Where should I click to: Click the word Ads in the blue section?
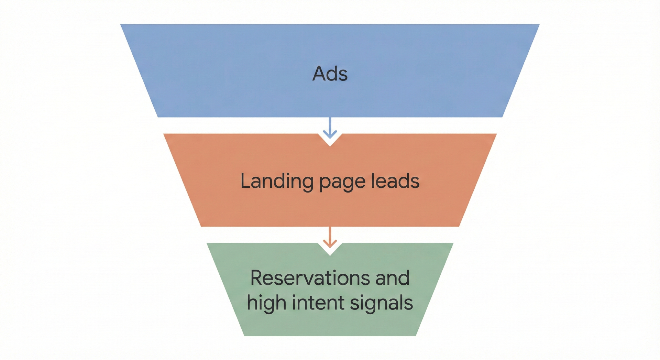click(330, 74)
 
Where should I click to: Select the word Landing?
click(277, 181)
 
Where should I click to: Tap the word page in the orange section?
click(342, 182)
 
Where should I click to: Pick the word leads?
click(395, 181)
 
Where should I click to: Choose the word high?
click(266, 303)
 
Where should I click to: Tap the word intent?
click(318, 303)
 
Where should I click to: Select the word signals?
click(381, 303)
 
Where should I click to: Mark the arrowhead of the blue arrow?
click(330, 135)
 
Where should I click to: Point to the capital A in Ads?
click(319, 74)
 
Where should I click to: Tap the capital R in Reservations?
click(257, 278)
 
